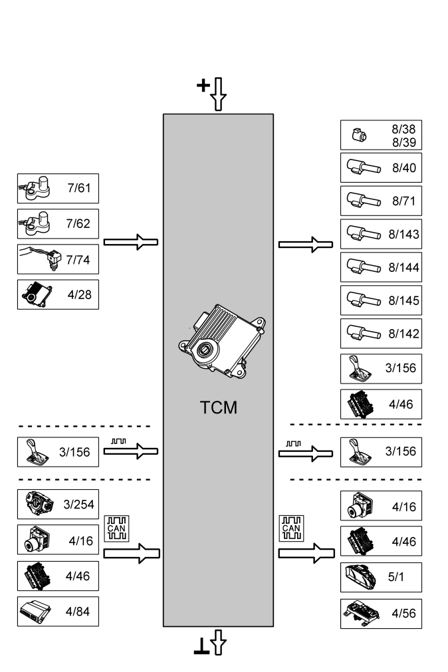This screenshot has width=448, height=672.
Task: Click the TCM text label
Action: tap(218, 407)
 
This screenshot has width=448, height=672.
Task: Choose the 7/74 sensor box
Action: tap(58, 259)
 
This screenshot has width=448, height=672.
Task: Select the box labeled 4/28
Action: tap(58, 294)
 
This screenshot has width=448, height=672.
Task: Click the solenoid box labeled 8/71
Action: tap(381, 200)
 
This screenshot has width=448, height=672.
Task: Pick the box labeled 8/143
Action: tap(381, 234)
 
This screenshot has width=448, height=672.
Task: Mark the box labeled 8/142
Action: tap(381, 334)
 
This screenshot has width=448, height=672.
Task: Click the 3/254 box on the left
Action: tap(58, 504)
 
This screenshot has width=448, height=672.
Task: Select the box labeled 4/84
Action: tap(58, 612)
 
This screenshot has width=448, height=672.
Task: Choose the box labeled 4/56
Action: tap(381, 613)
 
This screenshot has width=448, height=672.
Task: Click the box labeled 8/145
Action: tap(381, 300)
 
